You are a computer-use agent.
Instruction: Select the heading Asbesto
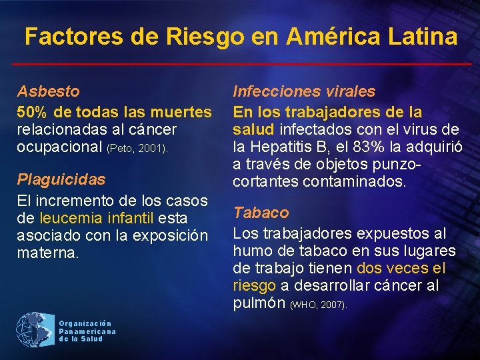(48, 91)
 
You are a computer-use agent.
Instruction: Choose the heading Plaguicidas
(61, 179)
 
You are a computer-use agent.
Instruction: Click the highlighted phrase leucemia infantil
(97, 218)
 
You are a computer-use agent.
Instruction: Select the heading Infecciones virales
(303, 91)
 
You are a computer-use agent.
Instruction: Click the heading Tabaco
(261, 213)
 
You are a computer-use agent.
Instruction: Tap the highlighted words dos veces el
(401, 269)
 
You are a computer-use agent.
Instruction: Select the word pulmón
(259, 304)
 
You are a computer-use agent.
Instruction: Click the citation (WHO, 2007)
(319, 305)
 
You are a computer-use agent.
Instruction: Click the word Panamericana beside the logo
(87, 331)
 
